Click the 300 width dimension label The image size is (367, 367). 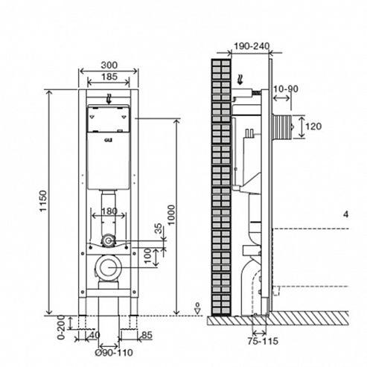pyautogui.click(x=109, y=66)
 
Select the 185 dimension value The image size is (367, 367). pyautogui.click(x=109, y=77)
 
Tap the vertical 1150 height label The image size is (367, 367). pyautogui.click(x=43, y=201)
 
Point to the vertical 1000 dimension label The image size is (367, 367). pyautogui.click(x=170, y=214)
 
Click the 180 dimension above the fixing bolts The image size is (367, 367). pyautogui.click(x=109, y=211)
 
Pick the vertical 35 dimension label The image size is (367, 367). pyautogui.click(x=159, y=229)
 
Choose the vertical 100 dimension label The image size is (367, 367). pyautogui.click(x=147, y=256)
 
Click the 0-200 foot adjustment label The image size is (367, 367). pyautogui.click(x=61, y=327)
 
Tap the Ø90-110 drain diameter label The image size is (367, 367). pyautogui.click(x=114, y=353)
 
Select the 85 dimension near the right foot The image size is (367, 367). pyautogui.click(x=147, y=335)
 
